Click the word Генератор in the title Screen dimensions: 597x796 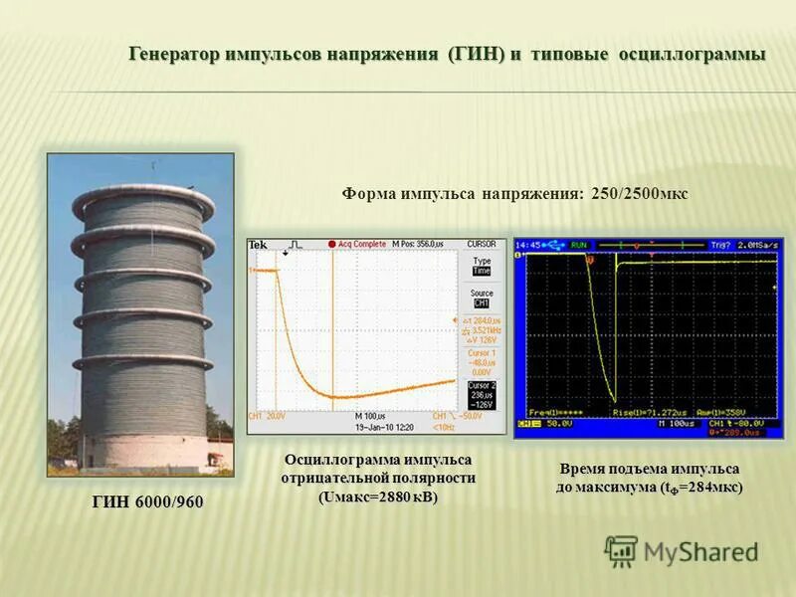click(x=175, y=54)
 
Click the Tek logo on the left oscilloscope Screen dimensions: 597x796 click(x=258, y=245)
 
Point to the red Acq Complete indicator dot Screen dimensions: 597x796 click(x=331, y=244)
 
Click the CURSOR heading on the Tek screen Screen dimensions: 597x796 click(x=481, y=244)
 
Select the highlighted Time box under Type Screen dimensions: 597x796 click(x=481, y=271)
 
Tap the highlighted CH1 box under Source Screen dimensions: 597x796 click(x=481, y=303)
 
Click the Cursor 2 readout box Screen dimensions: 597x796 click(x=482, y=394)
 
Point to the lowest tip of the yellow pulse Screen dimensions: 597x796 click(x=615, y=398)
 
